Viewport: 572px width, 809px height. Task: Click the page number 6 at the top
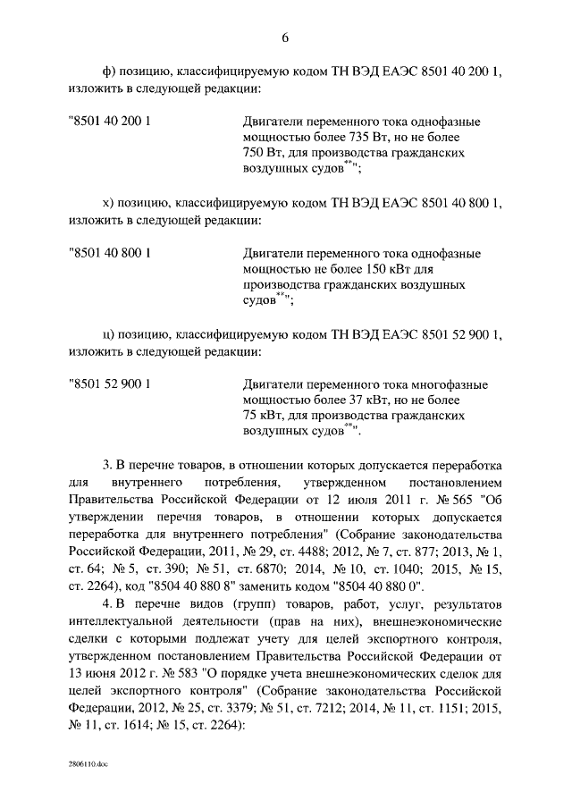(x=285, y=38)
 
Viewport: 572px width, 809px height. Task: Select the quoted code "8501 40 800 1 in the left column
(x=109, y=253)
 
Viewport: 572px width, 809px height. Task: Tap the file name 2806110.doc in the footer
(x=87, y=766)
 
